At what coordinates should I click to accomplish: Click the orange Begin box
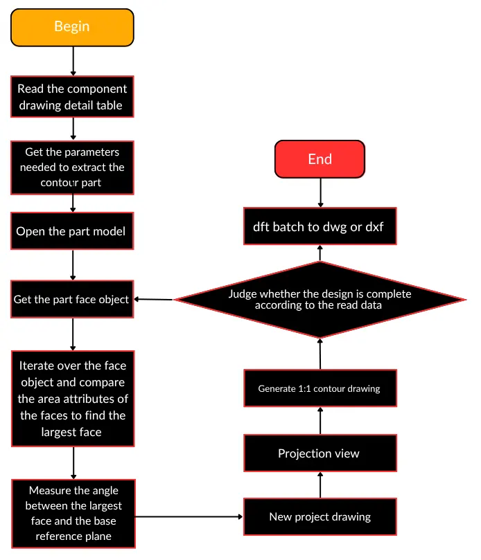tap(72, 28)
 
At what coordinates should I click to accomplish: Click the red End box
tap(320, 159)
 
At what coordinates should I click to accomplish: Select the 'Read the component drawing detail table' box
tap(72, 96)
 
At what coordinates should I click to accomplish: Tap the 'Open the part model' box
tap(72, 231)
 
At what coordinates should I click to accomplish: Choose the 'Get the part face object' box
tap(72, 299)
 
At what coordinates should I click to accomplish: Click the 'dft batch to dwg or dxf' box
tap(320, 226)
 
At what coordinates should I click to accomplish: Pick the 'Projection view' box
tap(320, 453)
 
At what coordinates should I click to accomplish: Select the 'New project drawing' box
tap(320, 516)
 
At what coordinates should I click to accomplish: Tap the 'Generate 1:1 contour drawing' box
tap(320, 388)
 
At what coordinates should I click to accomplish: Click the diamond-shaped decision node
tap(320, 300)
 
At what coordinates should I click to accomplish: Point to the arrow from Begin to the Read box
tap(73, 61)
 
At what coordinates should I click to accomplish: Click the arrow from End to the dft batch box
tap(320, 192)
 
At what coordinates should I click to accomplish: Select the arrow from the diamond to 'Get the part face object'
tap(153, 299)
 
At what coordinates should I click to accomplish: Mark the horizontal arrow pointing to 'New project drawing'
tap(189, 516)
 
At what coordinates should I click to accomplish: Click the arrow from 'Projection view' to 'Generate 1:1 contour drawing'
tap(320, 421)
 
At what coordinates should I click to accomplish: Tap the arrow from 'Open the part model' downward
tap(73, 265)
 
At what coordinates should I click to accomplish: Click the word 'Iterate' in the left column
tap(35, 365)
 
